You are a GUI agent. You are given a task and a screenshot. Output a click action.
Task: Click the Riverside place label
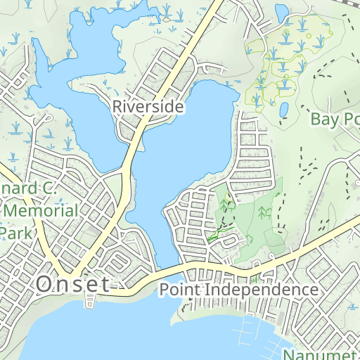click(148, 107)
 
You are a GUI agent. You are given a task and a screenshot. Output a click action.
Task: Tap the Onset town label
click(73, 285)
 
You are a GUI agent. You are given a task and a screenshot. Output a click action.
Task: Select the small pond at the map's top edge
click(281, 12)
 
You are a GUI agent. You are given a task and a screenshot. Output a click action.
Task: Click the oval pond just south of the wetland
click(284, 110)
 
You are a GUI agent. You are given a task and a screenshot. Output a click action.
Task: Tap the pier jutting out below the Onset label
click(88, 302)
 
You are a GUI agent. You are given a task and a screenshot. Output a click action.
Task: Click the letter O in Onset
click(44, 285)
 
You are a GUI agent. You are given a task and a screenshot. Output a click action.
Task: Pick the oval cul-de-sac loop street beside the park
click(229, 240)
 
